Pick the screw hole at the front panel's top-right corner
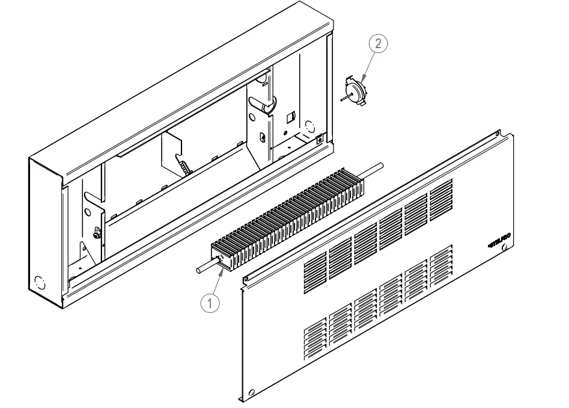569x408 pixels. pos(498,135)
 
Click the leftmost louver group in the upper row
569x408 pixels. pos(314,273)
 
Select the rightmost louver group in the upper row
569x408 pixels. pos(442,196)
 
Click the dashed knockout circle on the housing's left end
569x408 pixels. pos(40,282)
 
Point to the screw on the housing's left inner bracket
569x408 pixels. pos(96,232)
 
